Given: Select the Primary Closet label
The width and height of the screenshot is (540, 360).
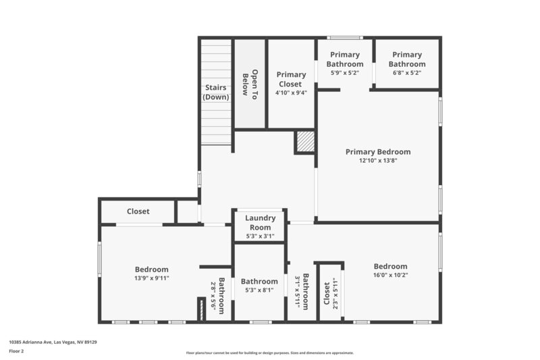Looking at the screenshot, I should point(291,80).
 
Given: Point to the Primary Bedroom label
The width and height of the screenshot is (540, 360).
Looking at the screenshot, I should point(378,152).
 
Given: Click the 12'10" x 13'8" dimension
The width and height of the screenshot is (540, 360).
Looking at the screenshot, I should point(378,161).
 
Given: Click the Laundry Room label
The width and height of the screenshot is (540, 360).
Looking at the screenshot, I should point(260,222).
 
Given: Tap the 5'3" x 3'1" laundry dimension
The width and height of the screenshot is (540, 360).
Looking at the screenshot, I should point(260,236).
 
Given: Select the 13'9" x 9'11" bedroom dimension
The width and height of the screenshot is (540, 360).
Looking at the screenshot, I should point(151,278).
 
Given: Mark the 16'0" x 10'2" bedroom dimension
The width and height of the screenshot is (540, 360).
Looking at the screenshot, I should point(391,275).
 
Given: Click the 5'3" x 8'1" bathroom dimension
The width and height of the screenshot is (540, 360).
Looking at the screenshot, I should point(259,290).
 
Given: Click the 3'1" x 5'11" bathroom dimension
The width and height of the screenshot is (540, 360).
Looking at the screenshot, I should point(297,291).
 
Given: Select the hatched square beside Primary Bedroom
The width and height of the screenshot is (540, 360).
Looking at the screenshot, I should point(306,141).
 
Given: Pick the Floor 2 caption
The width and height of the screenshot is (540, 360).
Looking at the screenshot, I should point(16,352).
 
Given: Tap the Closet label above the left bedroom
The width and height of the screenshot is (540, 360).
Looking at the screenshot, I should point(138,211).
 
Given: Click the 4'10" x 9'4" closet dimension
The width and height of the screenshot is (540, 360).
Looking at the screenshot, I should point(291,93).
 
